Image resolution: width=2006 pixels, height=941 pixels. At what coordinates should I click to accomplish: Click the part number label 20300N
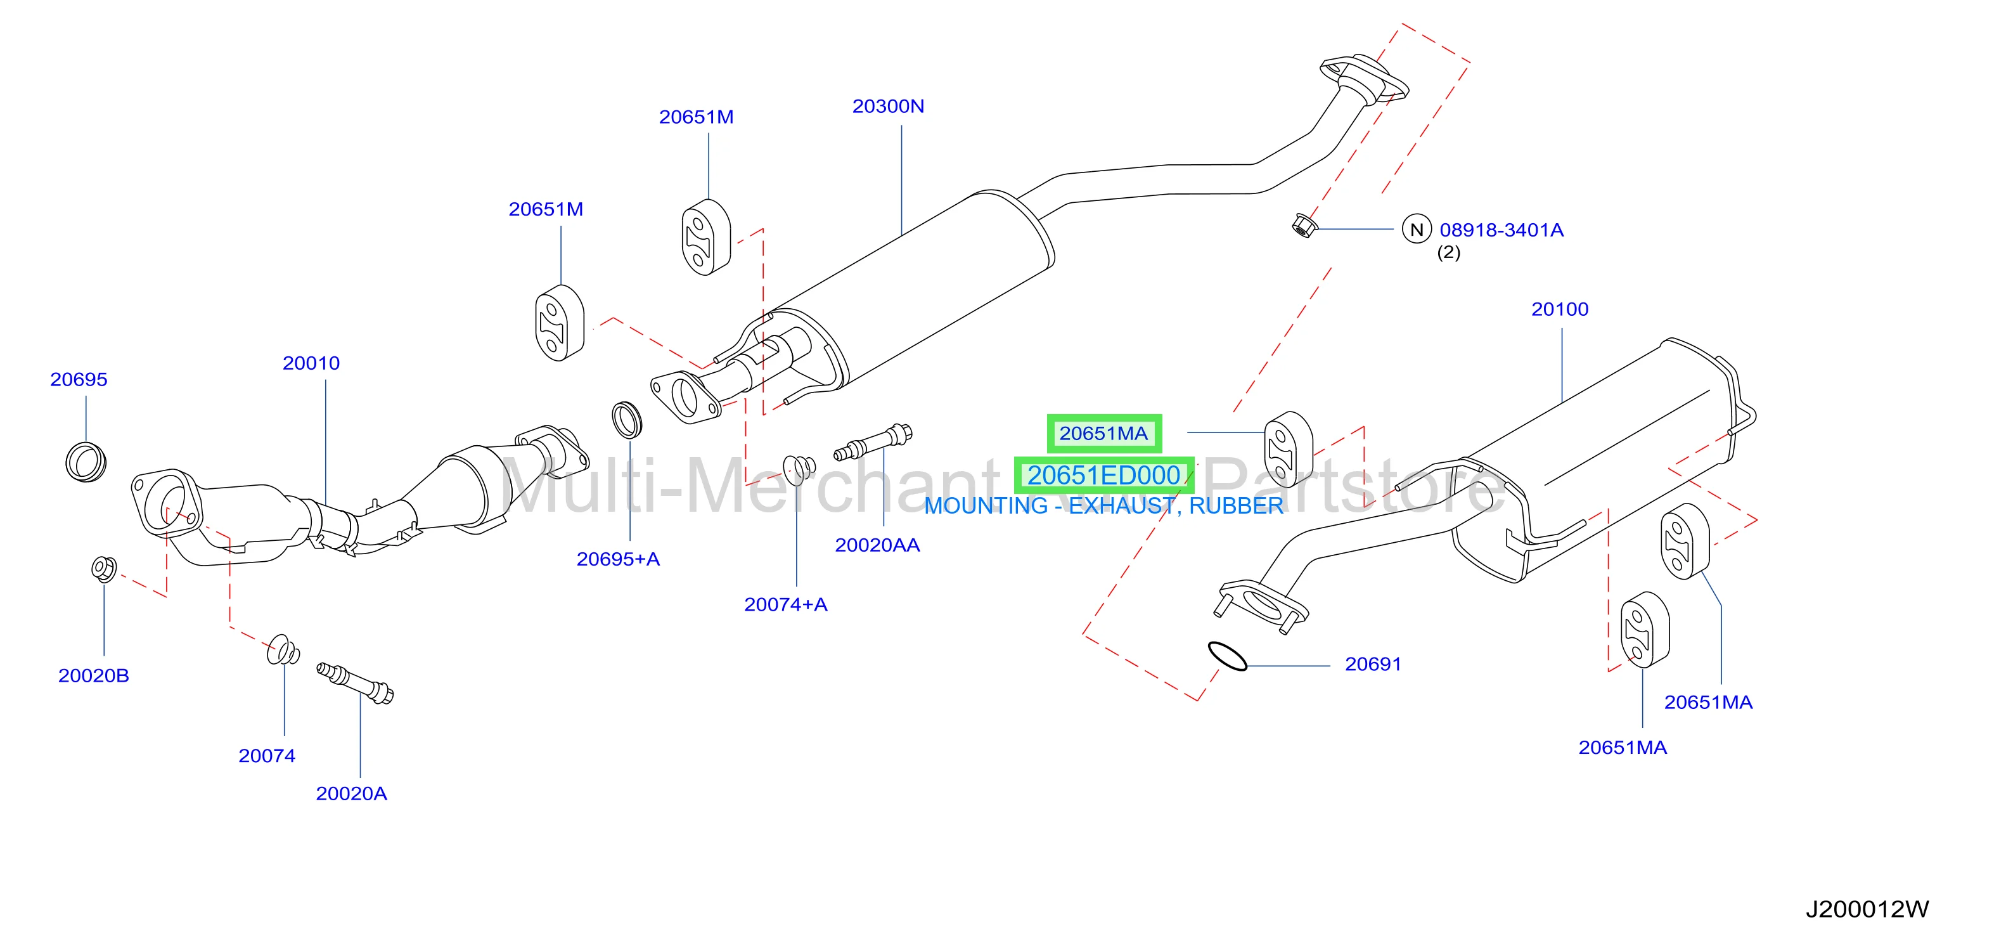click(x=888, y=106)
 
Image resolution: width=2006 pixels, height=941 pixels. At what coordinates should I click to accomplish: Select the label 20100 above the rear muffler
click(x=1559, y=309)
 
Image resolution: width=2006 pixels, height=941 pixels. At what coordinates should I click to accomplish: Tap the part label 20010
click(x=311, y=363)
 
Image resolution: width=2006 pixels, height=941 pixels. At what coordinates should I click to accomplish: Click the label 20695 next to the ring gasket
click(x=79, y=379)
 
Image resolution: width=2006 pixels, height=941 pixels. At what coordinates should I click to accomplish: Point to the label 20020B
click(x=93, y=675)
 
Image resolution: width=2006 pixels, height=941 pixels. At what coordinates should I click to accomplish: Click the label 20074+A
click(x=786, y=604)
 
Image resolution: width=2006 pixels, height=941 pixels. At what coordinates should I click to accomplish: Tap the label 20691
click(x=1373, y=665)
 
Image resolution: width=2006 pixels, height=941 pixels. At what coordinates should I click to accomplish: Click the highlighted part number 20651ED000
click(x=1103, y=475)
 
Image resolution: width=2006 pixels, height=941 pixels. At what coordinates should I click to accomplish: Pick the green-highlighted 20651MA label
click(x=1103, y=434)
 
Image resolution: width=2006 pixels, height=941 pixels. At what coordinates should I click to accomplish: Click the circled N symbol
click(x=1417, y=230)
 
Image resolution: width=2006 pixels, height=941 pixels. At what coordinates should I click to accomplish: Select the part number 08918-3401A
click(x=1501, y=230)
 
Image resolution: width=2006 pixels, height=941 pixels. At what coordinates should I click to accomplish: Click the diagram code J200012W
click(x=1867, y=909)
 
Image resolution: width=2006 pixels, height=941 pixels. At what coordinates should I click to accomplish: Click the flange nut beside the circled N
click(x=1304, y=226)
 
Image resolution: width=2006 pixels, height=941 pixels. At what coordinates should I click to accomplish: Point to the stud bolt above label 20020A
click(x=355, y=682)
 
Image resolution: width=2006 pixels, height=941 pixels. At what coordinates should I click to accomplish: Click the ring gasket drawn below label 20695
click(x=86, y=462)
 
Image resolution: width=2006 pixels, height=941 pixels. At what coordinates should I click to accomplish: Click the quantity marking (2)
click(x=1448, y=252)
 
